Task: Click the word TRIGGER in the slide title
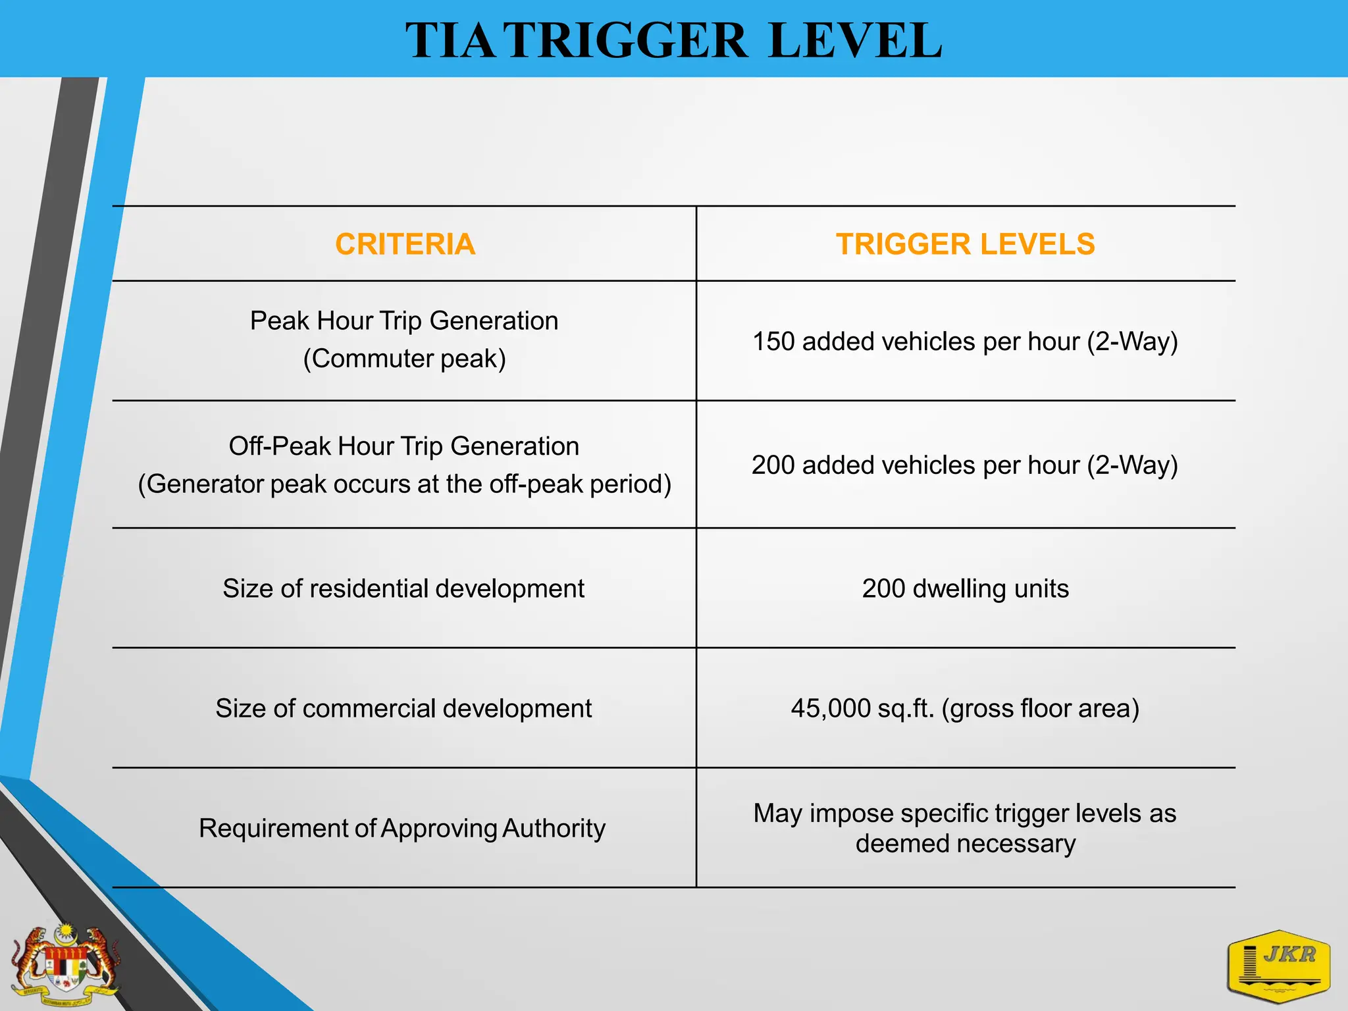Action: tap(627, 41)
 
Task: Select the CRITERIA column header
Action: tap(405, 244)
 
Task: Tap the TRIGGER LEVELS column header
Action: tap(965, 244)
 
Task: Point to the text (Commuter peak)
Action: tap(404, 359)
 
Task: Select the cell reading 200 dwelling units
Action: tap(965, 588)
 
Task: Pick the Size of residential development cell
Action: tap(403, 588)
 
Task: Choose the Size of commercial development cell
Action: tap(403, 708)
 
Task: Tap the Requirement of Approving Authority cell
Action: tap(402, 828)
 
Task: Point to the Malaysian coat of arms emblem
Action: tap(65, 965)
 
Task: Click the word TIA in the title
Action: tap(450, 41)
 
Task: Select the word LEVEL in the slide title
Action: tap(854, 41)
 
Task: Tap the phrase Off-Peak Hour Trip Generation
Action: tap(403, 446)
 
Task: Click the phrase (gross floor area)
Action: tap(1040, 708)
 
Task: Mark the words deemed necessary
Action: tap(965, 844)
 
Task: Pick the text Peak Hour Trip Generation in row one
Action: tap(403, 321)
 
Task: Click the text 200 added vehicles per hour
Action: tap(915, 465)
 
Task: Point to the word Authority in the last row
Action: tap(553, 828)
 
